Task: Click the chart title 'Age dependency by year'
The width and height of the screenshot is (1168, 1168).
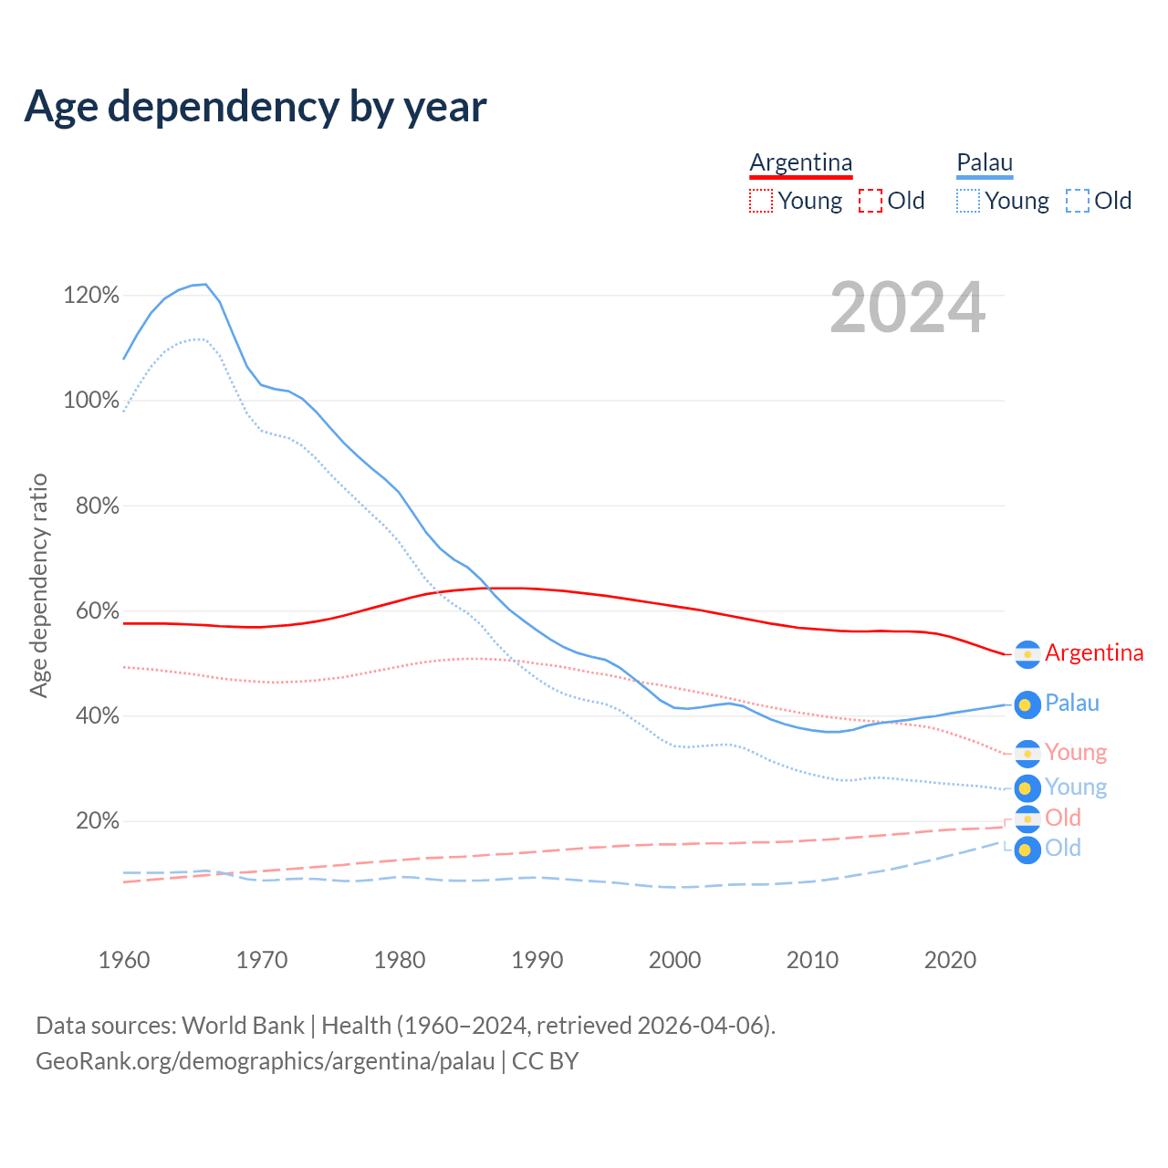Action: point(255,107)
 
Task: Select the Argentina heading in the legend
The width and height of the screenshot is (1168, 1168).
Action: point(800,162)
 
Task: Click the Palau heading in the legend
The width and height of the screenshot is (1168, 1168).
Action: point(985,162)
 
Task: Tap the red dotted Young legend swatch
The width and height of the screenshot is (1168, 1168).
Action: point(760,201)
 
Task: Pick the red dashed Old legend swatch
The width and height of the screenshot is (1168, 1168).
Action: point(870,201)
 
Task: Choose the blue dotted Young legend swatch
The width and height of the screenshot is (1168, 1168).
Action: point(968,201)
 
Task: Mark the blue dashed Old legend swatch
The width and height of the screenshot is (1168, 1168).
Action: point(1078,201)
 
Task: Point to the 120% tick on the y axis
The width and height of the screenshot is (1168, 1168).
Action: point(91,296)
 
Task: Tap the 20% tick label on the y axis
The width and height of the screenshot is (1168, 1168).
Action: point(97,821)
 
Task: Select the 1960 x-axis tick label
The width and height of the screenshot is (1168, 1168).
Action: point(124,960)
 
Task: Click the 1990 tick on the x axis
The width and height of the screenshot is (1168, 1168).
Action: point(537,960)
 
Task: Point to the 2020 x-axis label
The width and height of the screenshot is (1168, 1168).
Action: point(950,960)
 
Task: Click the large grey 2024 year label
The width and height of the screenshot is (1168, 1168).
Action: point(907,308)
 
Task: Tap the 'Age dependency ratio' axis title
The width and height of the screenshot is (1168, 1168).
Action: point(38,585)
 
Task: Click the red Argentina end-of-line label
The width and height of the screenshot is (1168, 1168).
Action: point(1093,653)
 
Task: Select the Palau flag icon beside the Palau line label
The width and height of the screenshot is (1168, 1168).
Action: point(1027,704)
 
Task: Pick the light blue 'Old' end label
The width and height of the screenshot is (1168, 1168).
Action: point(1063,849)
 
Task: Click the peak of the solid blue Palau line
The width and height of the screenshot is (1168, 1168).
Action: point(205,285)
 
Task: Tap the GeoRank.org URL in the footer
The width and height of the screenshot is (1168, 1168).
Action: point(265,1061)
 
